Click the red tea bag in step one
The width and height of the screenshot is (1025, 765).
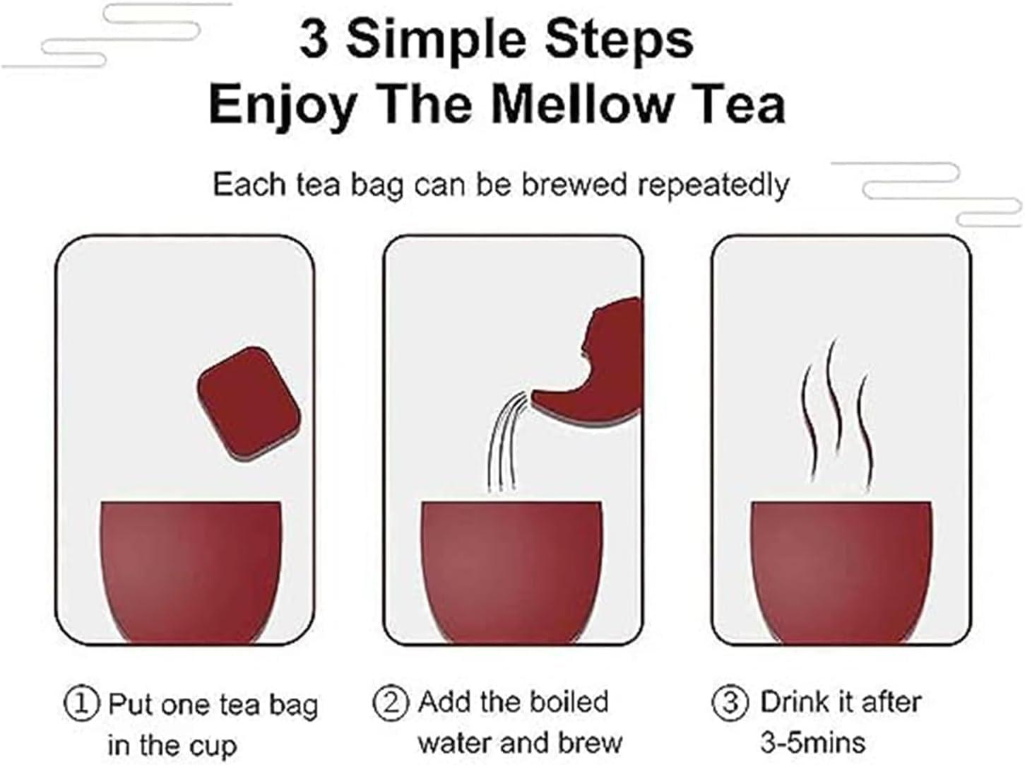(x=249, y=404)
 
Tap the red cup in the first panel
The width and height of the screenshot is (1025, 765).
(x=191, y=573)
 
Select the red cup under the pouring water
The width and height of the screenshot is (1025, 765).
(x=512, y=573)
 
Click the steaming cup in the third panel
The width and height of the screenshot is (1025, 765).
(x=841, y=573)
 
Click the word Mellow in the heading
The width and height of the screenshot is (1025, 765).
(x=580, y=105)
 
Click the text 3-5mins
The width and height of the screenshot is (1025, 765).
(x=813, y=742)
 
